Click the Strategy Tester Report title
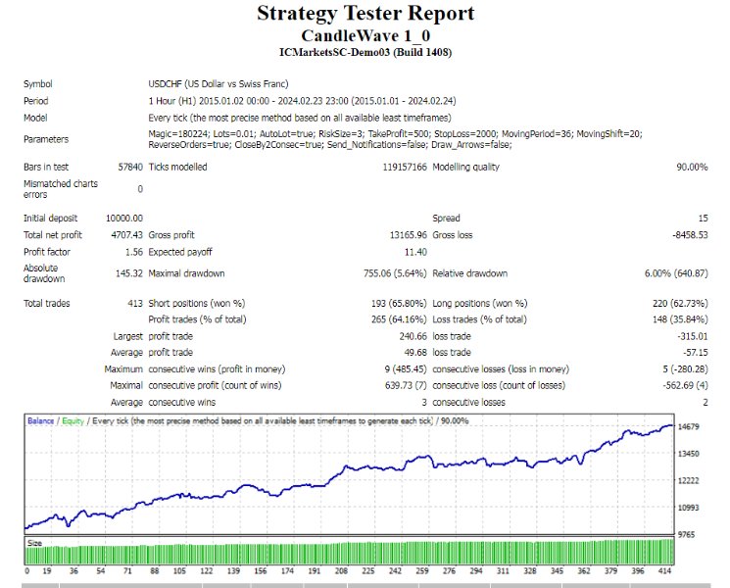tap(365, 14)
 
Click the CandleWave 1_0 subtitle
tap(365, 34)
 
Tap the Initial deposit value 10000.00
tap(123, 218)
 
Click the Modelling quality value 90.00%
tap(690, 167)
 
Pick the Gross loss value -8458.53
tap(685, 235)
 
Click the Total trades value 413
tap(134, 304)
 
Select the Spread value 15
tap(702, 218)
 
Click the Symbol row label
tap(38, 84)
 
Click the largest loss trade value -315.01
tap(688, 335)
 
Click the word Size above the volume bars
tap(34, 541)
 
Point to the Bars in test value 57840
tap(129, 167)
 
